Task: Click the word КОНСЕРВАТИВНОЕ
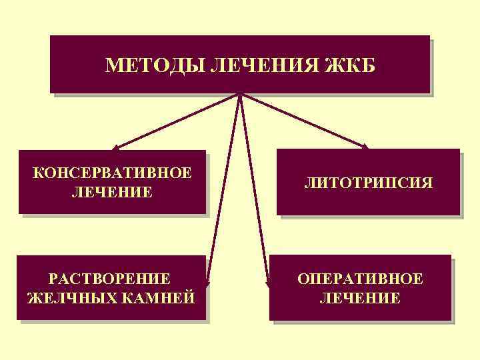click(x=113, y=173)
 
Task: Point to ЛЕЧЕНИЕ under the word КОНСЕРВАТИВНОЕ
click(x=112, y=193)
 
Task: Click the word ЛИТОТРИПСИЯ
click(x=369, y=181)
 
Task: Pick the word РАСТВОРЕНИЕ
click(x=112, y=278)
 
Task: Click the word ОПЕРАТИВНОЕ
click(x=360, y=278)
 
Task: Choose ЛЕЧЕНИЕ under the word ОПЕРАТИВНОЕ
click(x=360, y=297)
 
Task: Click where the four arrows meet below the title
click(x=240, y=94)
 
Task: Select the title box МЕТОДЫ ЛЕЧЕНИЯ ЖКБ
click(x=240, y=64)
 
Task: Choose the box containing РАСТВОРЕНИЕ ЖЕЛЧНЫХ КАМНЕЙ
click(x=111, y=287)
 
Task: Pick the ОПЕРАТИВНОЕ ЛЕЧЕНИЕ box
click(x=360, y=287)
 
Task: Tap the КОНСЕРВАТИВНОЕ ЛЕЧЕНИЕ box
click(x=112, y=182)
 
